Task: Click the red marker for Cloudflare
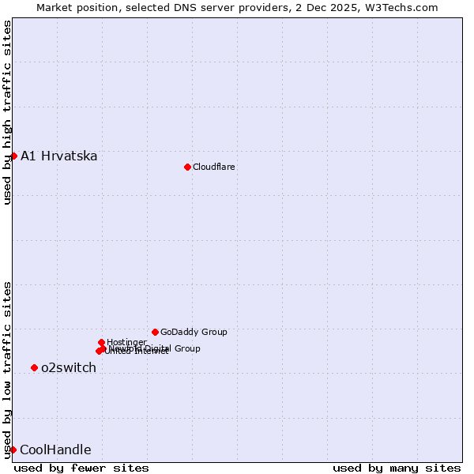187,167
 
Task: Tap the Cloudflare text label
213,167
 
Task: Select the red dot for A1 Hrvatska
13,156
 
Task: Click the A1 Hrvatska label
58,156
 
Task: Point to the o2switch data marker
34,367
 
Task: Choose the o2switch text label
68,367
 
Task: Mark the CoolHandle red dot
13,450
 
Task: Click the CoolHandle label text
55,450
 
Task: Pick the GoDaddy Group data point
155,332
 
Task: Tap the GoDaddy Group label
194,332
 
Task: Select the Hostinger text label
126,342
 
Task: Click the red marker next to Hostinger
102,342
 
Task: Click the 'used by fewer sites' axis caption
81,468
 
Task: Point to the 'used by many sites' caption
397,468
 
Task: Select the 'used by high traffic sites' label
7,112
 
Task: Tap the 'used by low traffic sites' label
7,370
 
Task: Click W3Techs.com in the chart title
408,7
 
